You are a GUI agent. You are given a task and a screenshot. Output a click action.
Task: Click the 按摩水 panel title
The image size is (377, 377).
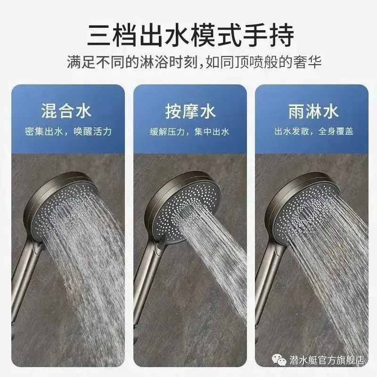[x=190, y=112]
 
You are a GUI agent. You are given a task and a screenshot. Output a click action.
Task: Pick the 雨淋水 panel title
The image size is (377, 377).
[x=312, y=112]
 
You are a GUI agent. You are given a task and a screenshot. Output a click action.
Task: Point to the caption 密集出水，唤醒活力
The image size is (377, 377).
[x=69, y=131]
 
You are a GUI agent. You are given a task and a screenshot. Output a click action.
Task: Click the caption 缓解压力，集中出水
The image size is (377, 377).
[x=190, y=131]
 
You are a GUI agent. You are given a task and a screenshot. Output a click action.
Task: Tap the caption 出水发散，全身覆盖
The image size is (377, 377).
[x=312, y=131]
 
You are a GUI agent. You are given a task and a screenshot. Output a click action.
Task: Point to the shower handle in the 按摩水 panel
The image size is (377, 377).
[x=144, y=292]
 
